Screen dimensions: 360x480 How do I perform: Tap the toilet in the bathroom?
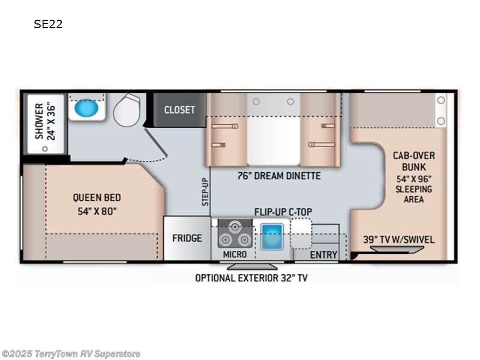tap(127, 110)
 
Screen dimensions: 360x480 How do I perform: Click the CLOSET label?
tap(179, 110)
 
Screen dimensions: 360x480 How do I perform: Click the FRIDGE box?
tap(187, 238)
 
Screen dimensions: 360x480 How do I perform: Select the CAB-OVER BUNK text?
tap(413, 160)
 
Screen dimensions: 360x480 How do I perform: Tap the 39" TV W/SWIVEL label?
tap(398, 239)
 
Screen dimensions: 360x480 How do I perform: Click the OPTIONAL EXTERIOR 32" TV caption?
tap(251, 278)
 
